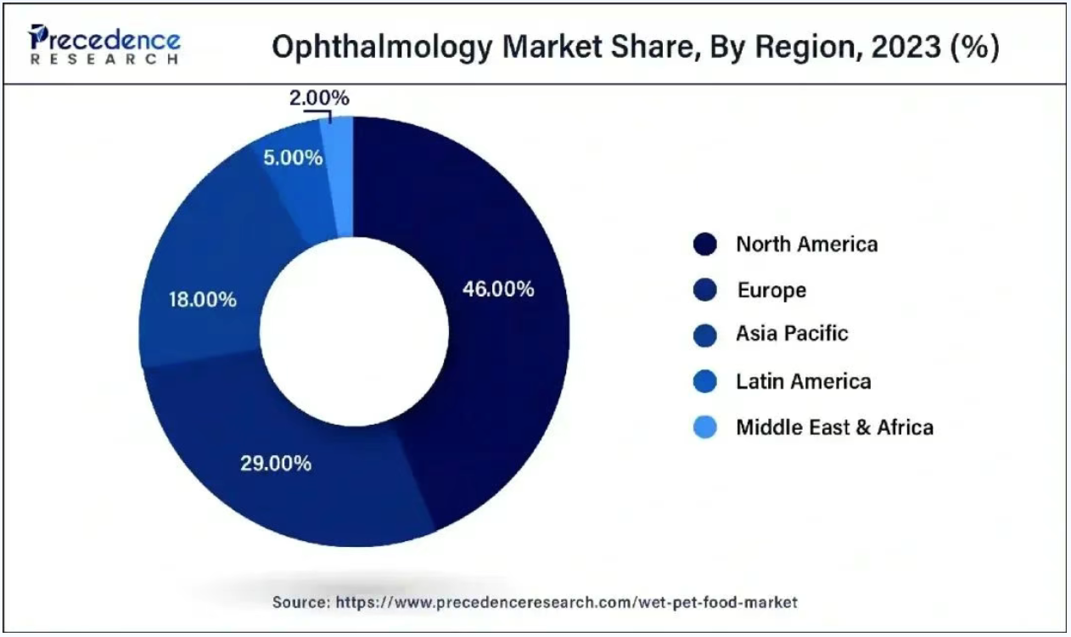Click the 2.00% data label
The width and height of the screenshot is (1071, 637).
(318, 99)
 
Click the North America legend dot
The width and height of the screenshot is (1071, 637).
(704, 245)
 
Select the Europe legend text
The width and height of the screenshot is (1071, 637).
(771, 290)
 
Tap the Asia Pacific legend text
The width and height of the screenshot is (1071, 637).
(791, 334)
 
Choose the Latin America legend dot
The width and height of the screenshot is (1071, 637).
(704, 381)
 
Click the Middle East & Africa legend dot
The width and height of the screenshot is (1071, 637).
(704, 426)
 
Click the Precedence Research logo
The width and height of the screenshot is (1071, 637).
(105, 42)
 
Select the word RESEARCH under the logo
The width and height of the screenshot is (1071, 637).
(105, 60)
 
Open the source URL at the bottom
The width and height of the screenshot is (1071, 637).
(567, 602)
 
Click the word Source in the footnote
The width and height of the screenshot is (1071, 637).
(300, 602)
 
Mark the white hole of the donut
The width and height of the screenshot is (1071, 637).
(354, 331)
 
